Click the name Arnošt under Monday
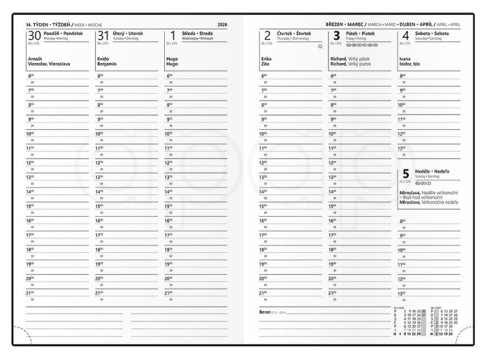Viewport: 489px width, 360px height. [x=36, y=59]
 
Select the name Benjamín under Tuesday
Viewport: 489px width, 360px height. [x=107, y=64]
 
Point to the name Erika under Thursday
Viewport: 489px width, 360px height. [x=266, y=59]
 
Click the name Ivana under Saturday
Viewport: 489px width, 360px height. [x=405, y=59]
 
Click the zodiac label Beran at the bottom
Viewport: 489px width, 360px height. [x=265, y=311]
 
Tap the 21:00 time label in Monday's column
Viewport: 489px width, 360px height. [x=30, y=292]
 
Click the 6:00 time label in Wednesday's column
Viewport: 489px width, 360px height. [x=168, y=75]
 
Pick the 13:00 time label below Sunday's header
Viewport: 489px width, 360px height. [x=402, y=293]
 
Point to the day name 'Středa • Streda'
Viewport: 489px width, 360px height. [x=196, y=32]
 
